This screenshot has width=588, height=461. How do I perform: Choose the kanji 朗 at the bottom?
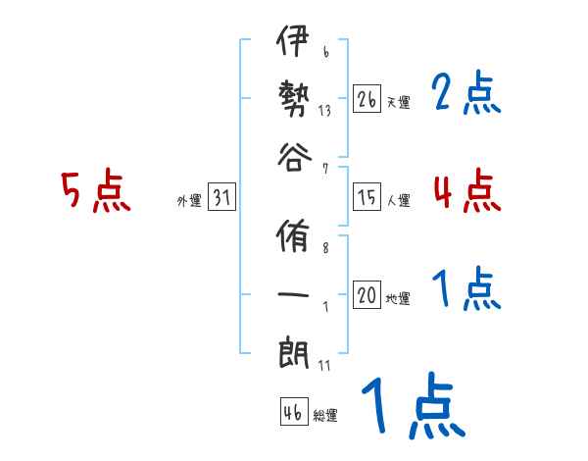[x=293, y=349]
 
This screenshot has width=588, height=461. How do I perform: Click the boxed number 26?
[x=367, y=99]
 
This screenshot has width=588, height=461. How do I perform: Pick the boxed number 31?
[x=221, y=199]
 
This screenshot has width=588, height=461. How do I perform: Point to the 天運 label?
[x=398, y=102]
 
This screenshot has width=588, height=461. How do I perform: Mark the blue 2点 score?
[x=466, y=93]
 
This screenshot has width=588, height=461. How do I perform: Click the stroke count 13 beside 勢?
[x=323, y=110]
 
